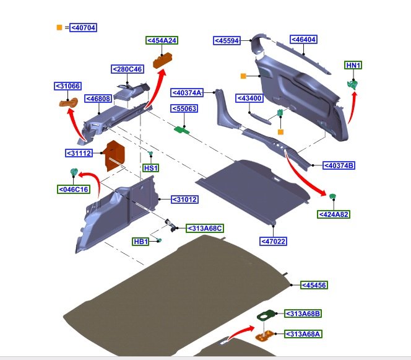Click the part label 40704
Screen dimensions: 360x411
click(84, 27)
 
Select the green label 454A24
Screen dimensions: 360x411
click(162, 40)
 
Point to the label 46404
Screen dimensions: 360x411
click(303, 39)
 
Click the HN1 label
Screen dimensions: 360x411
click(353, 66)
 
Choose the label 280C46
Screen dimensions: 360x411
click(128, 69)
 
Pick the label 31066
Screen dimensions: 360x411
click(67, 86)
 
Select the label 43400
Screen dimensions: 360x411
click(249, 98)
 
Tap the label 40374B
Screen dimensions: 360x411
click(339, 165)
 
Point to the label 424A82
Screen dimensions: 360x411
click(334, 214)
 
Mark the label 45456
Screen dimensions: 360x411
click(314, 285)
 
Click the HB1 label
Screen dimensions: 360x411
click(141, 241)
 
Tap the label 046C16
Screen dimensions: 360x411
click(73, 189)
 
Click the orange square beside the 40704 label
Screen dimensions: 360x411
click(59, 27)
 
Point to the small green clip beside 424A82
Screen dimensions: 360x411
click(332, 196)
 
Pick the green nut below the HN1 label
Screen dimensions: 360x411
click(353, 84)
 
